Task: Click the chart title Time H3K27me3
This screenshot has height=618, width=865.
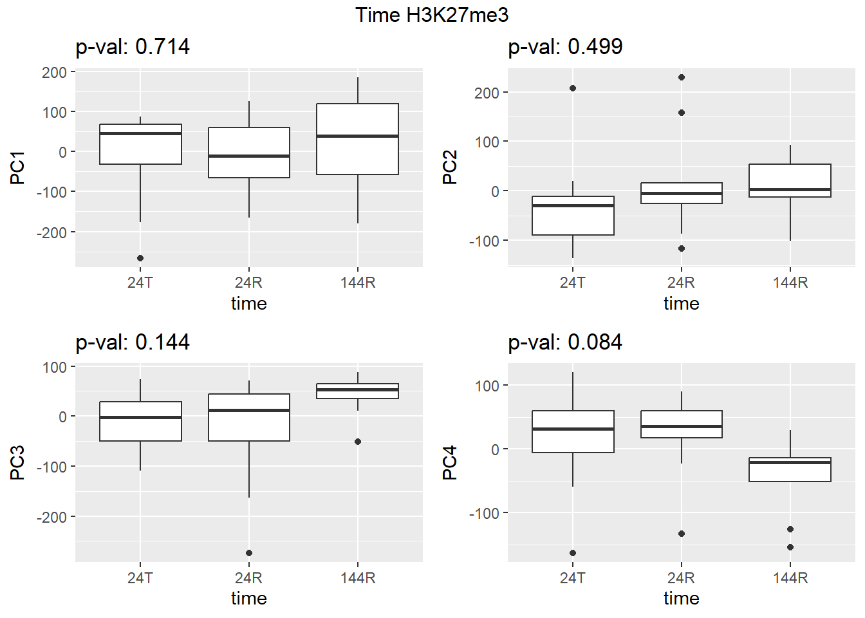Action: coord(432,15)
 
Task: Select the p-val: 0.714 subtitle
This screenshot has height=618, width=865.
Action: coord(133,47)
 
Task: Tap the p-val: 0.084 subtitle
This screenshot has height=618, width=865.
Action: coord(565,342)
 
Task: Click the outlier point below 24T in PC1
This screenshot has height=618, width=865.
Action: coord(140,258)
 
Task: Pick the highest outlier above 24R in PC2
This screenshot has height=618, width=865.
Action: coord(682,77)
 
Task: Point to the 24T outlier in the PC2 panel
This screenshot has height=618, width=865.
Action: coord(573,88)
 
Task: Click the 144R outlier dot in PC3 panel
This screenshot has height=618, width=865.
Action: coord(358,442)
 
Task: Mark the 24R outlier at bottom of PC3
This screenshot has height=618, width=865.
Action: coord(249,553)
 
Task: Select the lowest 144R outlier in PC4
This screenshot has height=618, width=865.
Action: coord(790,547)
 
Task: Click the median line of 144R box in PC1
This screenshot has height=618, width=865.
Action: coord(358,136)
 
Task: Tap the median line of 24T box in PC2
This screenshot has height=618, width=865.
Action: coord(573,205)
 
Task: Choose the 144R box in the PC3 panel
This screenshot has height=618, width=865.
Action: coord(358,391)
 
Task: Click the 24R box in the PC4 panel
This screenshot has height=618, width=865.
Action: coord(682,424)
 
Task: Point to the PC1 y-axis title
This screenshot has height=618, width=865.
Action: coord(17,168)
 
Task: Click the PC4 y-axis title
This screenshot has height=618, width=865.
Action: coord(450,462)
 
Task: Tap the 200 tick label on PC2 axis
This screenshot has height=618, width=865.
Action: coord(487,93)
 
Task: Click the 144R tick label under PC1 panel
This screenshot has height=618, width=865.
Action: coord(358,283)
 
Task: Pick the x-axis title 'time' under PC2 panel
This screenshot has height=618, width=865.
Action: coord(682,303)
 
